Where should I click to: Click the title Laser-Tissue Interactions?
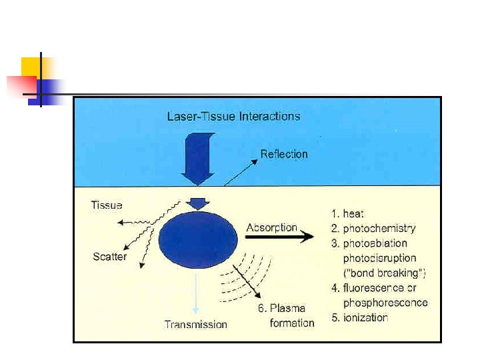[233, 117]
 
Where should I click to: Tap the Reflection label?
[283, 154]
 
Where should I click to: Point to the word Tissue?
[107, 205]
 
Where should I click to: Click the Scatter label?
[109, 257]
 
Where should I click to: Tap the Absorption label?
[271, 227]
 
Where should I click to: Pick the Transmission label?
[195, 325]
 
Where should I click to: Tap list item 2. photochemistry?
[373, 229]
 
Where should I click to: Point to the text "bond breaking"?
[384, 273]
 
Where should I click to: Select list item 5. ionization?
[360, 317]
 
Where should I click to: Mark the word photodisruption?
[379, 258]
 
